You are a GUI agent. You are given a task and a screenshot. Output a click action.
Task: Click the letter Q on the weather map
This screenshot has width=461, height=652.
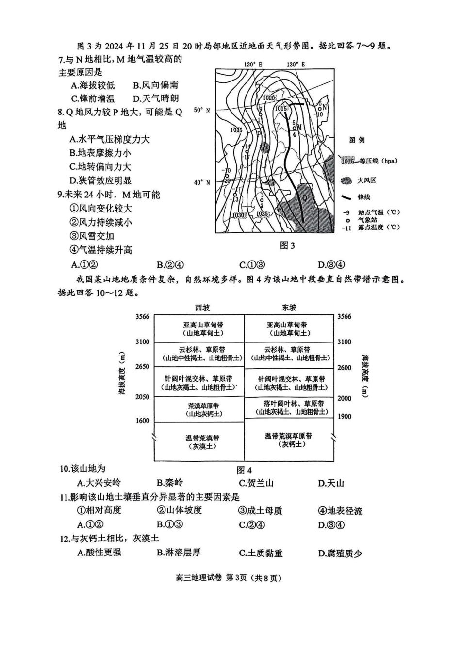point(305,198)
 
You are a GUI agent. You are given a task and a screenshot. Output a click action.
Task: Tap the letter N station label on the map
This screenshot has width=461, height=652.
point(325,107)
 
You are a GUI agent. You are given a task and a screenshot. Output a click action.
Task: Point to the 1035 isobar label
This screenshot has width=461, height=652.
point(237,130)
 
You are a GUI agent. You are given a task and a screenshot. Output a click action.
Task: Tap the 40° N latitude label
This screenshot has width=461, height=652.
point(202,183)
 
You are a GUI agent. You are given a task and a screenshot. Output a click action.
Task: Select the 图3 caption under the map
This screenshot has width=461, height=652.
point(287,246)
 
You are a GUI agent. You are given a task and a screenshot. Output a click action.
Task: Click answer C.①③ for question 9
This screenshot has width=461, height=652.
point(252,265)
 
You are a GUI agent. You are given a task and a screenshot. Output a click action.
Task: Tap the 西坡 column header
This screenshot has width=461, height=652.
point(202,308)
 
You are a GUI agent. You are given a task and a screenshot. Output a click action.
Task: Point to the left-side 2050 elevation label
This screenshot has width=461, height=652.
point(142,397)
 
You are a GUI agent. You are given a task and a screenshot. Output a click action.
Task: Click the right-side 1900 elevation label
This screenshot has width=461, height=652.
point(344,417)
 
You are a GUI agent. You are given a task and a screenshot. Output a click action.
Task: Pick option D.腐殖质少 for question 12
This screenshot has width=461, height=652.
point(340,553)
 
